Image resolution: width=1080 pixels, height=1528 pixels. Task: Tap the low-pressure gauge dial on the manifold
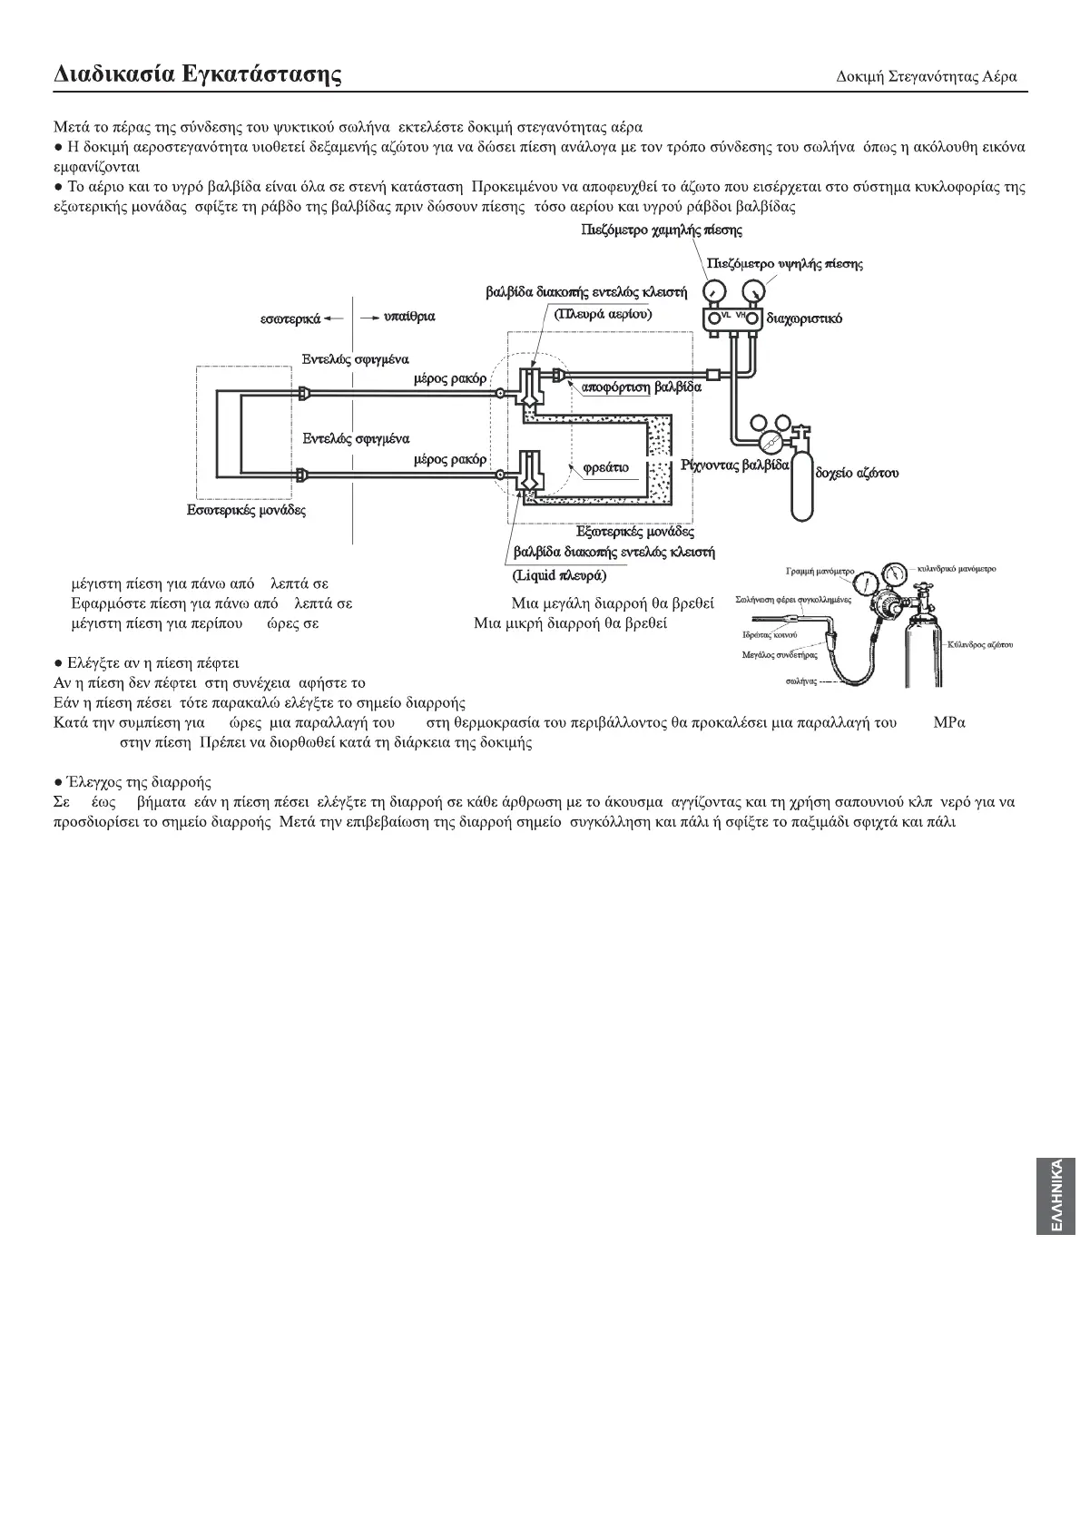(x=716, y=291)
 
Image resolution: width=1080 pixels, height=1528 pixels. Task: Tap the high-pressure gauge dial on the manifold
(x=751, y=291)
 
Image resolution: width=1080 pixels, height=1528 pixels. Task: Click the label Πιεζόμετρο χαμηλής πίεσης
(x=661, y=230)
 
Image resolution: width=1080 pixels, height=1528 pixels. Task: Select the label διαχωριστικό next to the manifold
(x=804, y=318)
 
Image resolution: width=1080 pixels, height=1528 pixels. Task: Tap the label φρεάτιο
(x=605, y=468)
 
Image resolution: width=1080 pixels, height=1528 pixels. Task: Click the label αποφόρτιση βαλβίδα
(x=641, y=387)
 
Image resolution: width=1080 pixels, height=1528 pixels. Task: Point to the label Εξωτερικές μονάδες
(x=635, y=532)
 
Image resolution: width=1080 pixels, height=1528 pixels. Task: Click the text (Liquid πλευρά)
(x=559, y=575)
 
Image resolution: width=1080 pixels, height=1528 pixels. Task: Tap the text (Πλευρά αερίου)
(x=604, y=313)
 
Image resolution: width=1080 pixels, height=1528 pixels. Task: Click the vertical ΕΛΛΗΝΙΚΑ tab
(x=1055, y=1195)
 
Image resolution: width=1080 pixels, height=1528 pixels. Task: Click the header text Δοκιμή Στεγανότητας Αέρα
(x=926, y=76)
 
